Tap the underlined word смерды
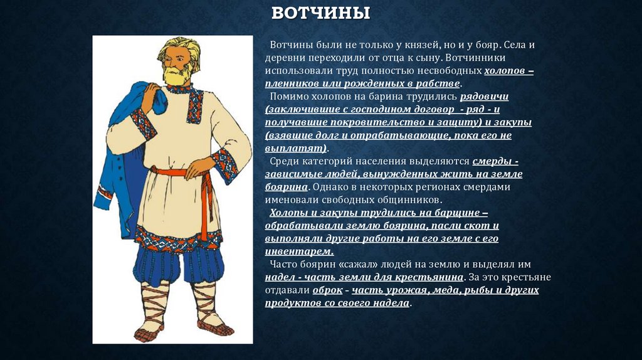tap(495, 161)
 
